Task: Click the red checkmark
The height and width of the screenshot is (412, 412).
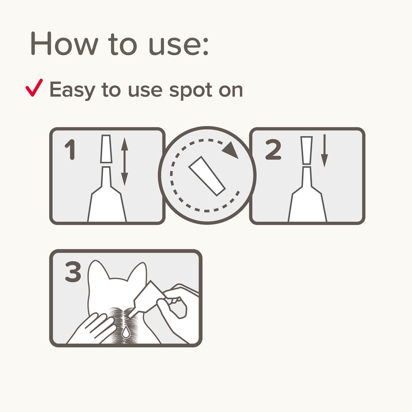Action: coord(34,88)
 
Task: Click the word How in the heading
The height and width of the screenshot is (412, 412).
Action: coord(64,43)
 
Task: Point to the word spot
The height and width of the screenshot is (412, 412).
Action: coord(191,91)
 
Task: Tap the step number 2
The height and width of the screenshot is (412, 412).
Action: coord(273,149)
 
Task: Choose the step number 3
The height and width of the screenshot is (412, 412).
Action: coord(73,272)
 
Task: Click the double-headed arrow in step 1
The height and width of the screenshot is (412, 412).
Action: coord(124,162)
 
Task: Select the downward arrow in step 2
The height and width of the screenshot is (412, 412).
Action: coord(325,150)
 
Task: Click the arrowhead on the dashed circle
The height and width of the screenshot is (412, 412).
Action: coord(230,150)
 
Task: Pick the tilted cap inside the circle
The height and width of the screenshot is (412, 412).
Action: coord(207,176)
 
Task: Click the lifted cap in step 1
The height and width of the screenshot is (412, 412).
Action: coord(106,149)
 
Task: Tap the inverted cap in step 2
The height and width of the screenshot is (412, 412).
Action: coord(307,150)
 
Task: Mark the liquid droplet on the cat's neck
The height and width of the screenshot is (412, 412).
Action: coord(126,332)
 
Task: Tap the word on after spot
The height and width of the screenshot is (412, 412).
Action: coord(231,91)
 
